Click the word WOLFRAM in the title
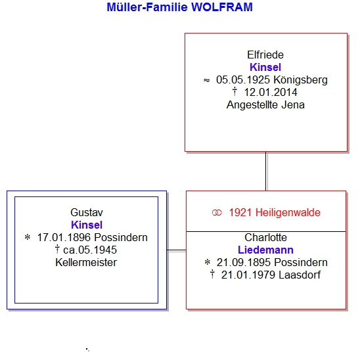222,7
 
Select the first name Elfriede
265,55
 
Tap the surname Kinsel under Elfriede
265,68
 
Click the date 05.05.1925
242,80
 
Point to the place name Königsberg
300,80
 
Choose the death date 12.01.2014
271,93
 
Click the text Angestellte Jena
265,105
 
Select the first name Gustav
87,212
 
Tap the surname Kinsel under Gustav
87,225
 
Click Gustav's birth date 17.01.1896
64,237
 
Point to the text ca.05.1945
90,250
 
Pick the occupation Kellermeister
86,262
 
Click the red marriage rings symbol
217,213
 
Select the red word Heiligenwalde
288,213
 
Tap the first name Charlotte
265,237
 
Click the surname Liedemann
265,250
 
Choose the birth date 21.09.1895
243,262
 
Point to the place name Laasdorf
300,275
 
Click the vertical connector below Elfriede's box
266,171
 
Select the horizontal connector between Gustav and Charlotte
177,250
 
